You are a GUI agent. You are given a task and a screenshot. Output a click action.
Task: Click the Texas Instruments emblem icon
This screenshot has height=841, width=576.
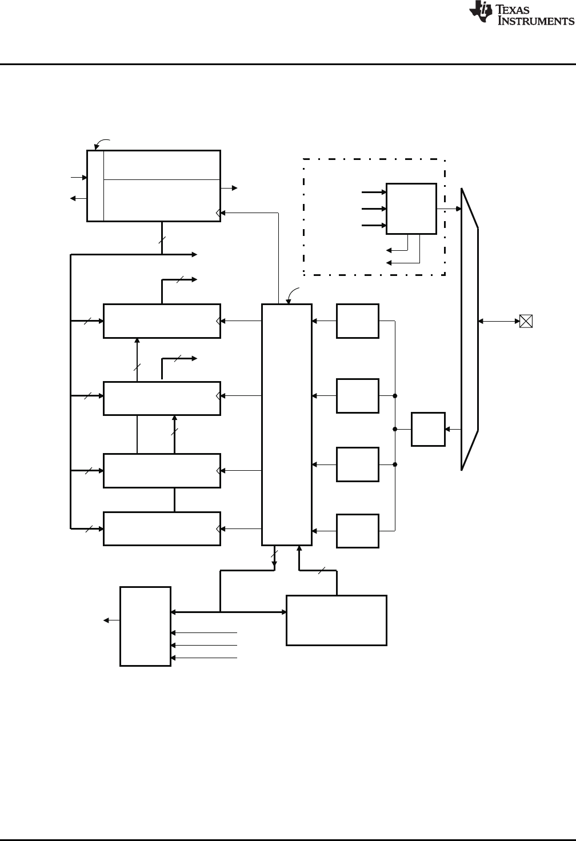pyautogui.click(x=480, y=13)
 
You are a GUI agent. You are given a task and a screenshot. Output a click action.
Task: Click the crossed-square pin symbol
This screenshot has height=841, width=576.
pyautogui.click(x=526, y=321)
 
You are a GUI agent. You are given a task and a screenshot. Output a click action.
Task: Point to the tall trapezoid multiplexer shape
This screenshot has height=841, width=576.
pyautogui.click(x=470, y=329)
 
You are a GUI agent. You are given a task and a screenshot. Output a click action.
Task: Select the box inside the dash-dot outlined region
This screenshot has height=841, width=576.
pyautogui.click(x=411, y=209)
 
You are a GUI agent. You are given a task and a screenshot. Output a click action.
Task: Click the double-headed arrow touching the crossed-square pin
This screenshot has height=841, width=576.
pyautogui.click(x=499, y=321)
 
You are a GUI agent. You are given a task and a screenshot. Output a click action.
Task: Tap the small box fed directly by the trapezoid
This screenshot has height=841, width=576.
pyautogui.click(x=428, y=428)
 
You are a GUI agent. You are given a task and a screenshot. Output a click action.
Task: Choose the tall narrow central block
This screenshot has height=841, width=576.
pyautogui.click(x=287, y=424)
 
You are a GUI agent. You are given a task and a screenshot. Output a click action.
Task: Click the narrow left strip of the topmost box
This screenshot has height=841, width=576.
pyautogui.click(x=95, y=185)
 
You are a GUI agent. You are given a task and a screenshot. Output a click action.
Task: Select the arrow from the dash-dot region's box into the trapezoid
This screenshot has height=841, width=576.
pyautogui.click(x=449, y=209)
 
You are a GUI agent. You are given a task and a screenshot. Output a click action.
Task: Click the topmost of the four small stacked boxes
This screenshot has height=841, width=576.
pyautogui.click(x=358, y=321)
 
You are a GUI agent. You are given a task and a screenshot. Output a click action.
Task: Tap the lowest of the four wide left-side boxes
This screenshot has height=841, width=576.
pyautogui.click(x=162, y=528)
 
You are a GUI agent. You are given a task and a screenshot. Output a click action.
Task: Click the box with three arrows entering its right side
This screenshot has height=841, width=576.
pyautogui.click(x=145, y=626)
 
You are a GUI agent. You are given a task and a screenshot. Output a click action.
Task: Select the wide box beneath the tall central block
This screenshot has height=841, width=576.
pyautogui.click(x=336, y=620)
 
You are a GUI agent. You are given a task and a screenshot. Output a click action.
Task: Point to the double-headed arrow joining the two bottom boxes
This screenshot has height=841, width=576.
pyautogui.click(x=229, y=612)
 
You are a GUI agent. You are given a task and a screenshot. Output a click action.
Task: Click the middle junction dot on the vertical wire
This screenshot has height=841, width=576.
pyautogui.click(x=395, y=428)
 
